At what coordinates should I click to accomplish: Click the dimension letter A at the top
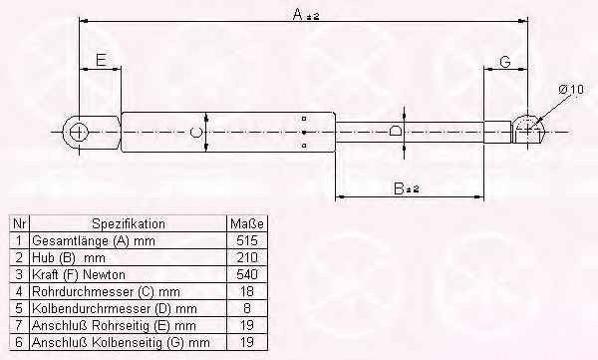pyautogui.click(x=298, y=15)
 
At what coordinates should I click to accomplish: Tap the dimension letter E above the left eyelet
pyautogui.click(x=101, y=60)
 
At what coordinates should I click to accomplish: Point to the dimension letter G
pyautogui.click(x=505, y=61)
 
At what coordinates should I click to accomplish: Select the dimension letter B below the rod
pyautogui.click(x=399, y=188)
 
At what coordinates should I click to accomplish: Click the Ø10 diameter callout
pyautogui.click(x=571, y=90)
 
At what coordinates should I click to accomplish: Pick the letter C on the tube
pyautogui.click(x=195, y=132)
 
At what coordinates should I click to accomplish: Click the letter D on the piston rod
pyautogui.click(x=395, y=131)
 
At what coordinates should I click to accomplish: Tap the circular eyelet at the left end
pyautogui.click(x=79, y=132)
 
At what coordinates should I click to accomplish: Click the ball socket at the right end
pyautogui.click(x=528, y=130)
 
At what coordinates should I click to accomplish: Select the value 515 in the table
pyautogui.click(x=247, y=240)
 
